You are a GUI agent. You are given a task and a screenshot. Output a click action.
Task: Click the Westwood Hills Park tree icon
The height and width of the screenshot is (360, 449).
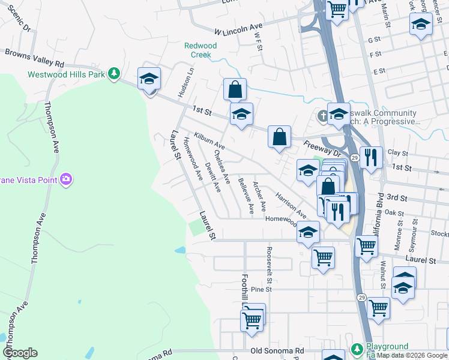click(113, 74)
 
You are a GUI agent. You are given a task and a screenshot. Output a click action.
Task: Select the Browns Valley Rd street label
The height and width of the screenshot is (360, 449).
click(34, 58)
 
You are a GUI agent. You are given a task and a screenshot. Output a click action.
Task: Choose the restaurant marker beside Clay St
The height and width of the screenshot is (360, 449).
click(371, 157)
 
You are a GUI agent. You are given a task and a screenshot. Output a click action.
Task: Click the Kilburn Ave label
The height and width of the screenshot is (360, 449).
click(209, 142)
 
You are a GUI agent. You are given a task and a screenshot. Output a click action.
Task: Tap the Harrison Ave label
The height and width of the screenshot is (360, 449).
click(291, 205)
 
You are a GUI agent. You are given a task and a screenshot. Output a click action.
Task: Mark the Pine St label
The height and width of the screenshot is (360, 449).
click(261, 289)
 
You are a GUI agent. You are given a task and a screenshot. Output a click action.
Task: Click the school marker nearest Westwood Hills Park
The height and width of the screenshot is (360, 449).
click(149, 79)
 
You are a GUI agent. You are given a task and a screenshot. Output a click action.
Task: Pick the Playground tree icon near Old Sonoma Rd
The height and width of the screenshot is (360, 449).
click(357, 349)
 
